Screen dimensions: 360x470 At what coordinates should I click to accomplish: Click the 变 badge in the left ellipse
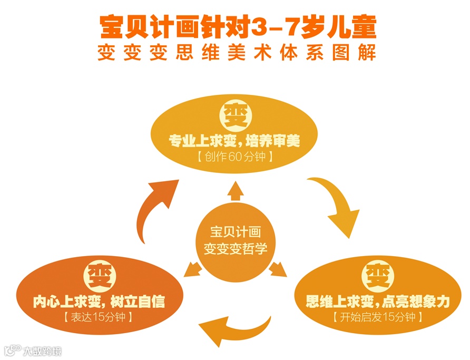[99, 275]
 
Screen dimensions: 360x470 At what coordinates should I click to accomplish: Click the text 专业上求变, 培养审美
[234, 141]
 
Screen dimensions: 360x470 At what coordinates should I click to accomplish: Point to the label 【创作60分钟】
[235, 157]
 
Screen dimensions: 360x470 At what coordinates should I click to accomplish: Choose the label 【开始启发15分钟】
[375, 317]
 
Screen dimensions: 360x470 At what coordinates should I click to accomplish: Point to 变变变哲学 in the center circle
[236, 248]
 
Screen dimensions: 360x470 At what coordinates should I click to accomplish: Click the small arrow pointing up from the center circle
[234, 192]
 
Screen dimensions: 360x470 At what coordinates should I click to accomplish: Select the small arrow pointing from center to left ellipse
[191, 270]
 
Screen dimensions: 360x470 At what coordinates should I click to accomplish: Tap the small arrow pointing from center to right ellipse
[278, 271]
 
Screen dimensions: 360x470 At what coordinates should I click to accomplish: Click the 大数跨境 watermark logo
[32, 350]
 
